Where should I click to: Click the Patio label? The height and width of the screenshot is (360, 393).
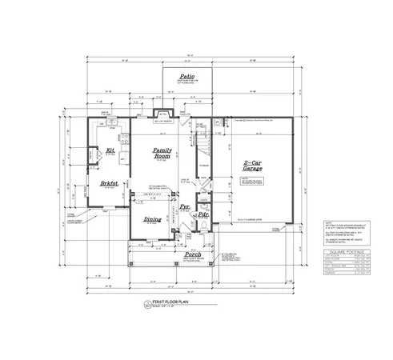[186, 78]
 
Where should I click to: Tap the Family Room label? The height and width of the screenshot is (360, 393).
[163, 154]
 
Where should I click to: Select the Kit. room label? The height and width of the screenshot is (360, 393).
[110, 150]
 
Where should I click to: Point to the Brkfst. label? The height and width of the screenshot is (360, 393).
[110, 182]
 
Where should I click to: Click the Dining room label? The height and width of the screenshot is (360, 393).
[151, 218]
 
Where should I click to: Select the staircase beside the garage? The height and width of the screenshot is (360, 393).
[202, 144]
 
